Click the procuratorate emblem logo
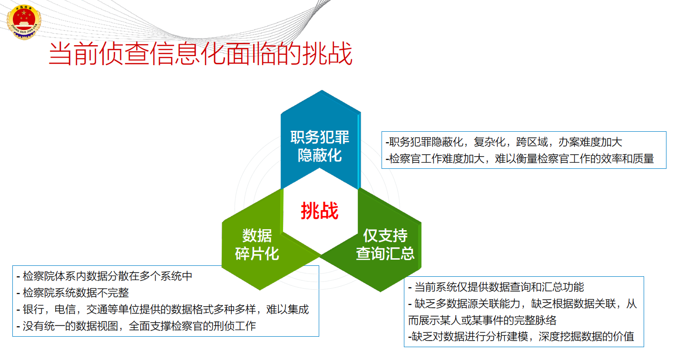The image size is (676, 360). [24, 22]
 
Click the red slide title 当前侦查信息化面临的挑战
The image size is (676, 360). [200, 54]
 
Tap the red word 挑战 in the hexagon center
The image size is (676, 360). [320, 211]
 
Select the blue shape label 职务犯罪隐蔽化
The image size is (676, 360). [320, 146]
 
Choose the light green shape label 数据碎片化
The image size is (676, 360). [257, 244]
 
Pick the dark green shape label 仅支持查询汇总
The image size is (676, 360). [385, 244]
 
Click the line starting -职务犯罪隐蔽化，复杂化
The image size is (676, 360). [504, 142]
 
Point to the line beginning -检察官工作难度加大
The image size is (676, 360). [519, 159]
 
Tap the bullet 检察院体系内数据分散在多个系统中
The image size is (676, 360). [104, 276]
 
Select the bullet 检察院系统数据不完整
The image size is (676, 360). [73, 292]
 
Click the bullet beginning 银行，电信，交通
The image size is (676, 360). [163, 309]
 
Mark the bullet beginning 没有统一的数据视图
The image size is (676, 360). [136, 326]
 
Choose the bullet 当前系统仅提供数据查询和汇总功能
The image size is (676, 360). [496, 287]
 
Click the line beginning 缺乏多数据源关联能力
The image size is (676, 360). [522, 303]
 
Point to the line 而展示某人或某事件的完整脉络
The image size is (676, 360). [482, 320]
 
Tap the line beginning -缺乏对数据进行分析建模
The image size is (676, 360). [521, 337]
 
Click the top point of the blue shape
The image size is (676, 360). [322, 90]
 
